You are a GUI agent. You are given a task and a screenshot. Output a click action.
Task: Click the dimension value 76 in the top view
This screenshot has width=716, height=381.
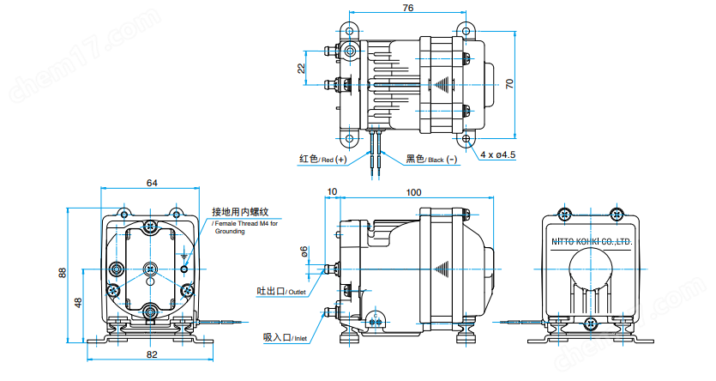407,8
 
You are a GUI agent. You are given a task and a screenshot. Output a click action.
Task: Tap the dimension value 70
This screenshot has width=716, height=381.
508,83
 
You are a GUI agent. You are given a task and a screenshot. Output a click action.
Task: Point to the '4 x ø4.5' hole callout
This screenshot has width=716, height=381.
497,154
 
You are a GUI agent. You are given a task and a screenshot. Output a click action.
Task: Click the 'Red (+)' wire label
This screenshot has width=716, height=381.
322,160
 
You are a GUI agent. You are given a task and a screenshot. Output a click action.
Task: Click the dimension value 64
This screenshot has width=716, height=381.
151,183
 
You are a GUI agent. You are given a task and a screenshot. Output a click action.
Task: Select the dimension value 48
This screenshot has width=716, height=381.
79,302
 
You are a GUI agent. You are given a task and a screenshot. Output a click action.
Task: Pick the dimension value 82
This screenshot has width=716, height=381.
152,354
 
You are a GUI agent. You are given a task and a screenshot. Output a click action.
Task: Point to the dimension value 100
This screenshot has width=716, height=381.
414,192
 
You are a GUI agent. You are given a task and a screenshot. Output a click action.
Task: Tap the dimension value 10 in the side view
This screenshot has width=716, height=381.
332,192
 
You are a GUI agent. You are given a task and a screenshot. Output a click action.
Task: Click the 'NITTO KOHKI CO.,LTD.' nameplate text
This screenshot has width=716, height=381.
591,243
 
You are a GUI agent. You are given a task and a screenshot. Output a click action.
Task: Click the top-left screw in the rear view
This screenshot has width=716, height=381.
563,214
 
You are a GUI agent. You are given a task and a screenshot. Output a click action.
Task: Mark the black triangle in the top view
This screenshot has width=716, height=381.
442,85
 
